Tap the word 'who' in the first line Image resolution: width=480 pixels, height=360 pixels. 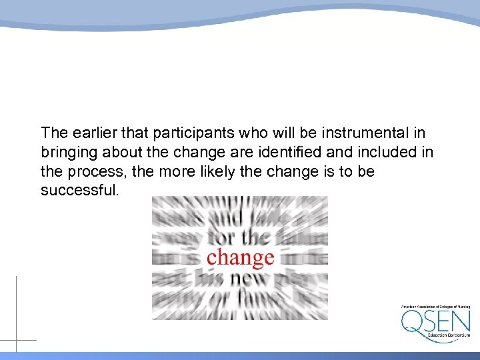230,133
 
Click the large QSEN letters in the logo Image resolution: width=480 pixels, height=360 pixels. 435,322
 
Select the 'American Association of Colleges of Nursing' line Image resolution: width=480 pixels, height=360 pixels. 435,307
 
